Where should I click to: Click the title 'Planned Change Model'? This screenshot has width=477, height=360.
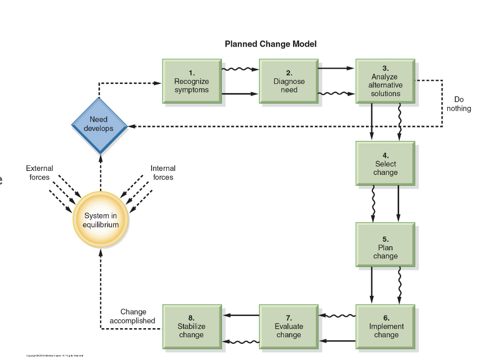[270, 44]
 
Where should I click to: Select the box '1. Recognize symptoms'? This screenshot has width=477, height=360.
[192, 81]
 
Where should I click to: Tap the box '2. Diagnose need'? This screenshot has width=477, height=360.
[289, 81]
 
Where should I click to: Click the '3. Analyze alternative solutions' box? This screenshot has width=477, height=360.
[385, 81]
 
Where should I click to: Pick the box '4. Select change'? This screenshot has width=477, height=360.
[385, 163]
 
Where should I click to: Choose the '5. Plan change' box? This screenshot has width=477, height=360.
[385, 247]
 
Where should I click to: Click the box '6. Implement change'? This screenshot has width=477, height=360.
[386, 326]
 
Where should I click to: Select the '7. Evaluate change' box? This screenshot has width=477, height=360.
[289, 326]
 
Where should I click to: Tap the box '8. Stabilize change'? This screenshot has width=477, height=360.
[192, 326]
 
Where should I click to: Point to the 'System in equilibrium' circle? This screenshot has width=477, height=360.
[100, 220]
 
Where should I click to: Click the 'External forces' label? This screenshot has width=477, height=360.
[39, 172]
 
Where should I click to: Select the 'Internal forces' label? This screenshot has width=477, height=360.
[163, 172]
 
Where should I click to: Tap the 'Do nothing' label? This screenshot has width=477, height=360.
[458, 104]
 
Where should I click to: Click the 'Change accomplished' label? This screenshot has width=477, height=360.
[133, 316]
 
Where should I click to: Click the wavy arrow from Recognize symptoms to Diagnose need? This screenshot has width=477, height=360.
[240, 69]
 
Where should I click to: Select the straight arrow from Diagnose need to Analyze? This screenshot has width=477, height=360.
[336, 68]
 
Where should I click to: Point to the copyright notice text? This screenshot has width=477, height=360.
[55, 355]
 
